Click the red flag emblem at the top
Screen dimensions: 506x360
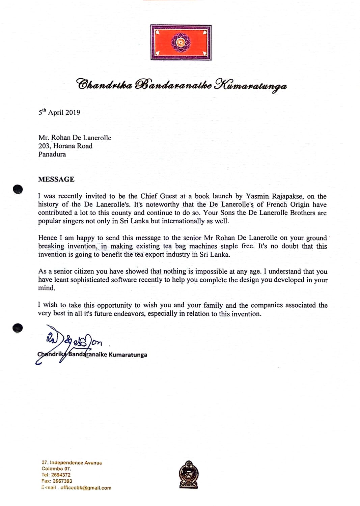(181, 43)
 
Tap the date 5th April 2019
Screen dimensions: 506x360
(59, 112)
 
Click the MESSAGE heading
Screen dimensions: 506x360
(56, 179)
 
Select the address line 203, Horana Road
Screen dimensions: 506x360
(65, 146)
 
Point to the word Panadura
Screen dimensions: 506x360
(52, 154)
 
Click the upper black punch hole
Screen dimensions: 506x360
(18, 189)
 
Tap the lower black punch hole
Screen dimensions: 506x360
(18, 328)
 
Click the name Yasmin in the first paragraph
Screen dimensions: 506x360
(257, 196)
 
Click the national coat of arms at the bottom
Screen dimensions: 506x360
(189, 475)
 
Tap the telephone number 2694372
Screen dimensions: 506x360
(61, 475)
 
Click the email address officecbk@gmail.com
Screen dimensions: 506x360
(86, 488)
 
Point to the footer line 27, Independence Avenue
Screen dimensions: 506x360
(72, 463)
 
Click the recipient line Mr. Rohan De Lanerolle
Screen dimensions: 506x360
(75, 138)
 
